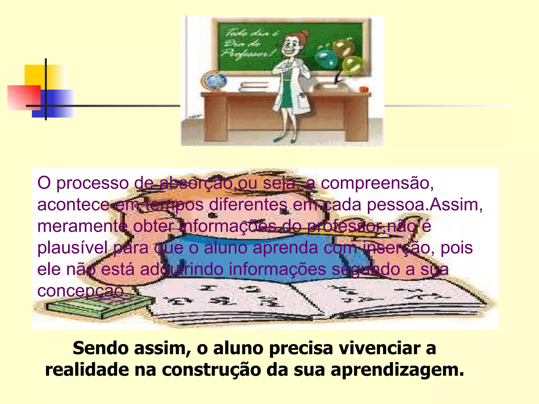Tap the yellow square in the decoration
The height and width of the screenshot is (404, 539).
pyautogui.click(x=39, y=75)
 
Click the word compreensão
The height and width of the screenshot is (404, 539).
pyautogui.click(x=377, y=183)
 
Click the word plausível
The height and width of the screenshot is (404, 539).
pyautogui.click(x=72, y=248)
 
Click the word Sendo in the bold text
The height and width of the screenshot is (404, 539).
pyautogui.click(x=102, y=348)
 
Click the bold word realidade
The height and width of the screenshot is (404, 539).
pyautogui.click(x=87, y=370)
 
